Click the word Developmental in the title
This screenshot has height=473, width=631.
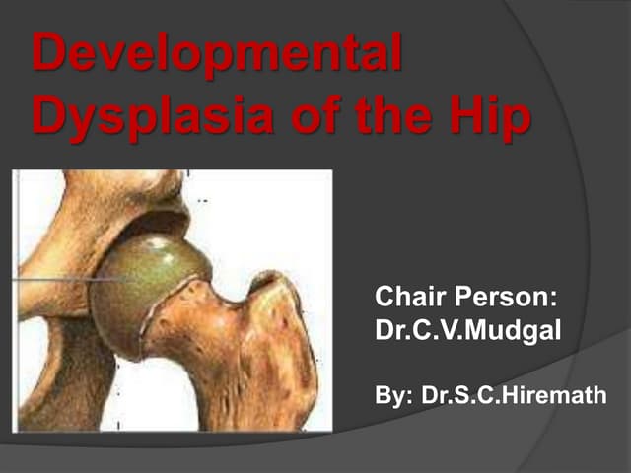click(x=217, y=55)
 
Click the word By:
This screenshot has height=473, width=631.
click(x=394, y=395)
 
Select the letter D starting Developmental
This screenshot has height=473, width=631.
click(x=49, y=55)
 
